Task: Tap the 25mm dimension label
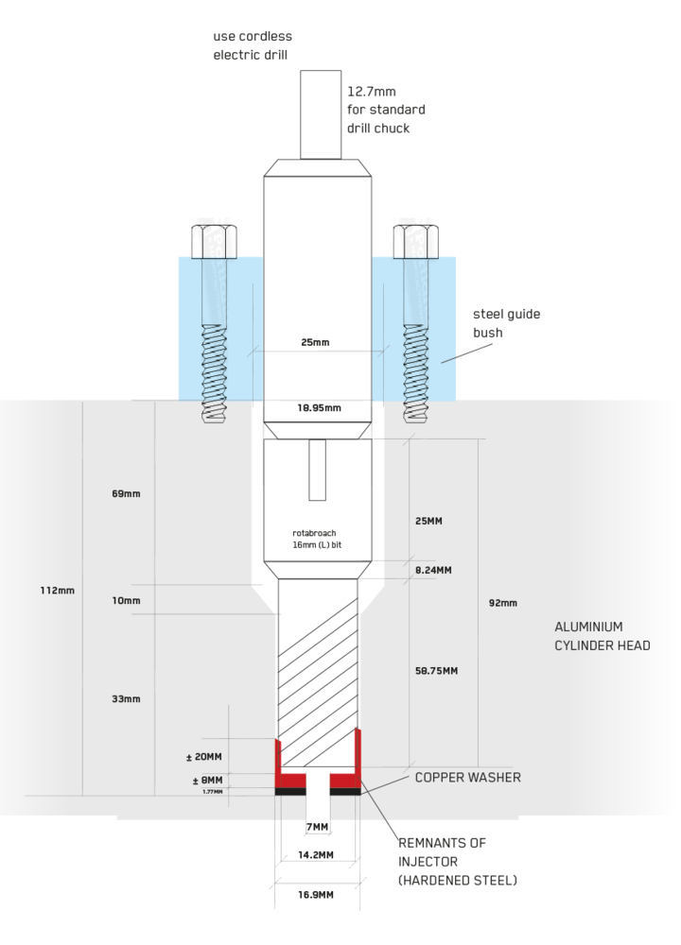[x=315, y=342]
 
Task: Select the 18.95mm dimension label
[x=320, y=408]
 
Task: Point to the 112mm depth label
[x=56, y=591]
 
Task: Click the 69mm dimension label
[x=126, y=494]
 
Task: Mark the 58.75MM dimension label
[x=436, y=671]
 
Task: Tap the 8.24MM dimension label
[x=433, y=570]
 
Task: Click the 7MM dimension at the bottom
[x=318, y=828]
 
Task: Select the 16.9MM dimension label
[x=316, y=895]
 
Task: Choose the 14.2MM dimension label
[x=316, y=855]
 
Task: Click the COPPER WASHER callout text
[x=467, y=778]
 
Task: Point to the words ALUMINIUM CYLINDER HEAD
[x=602, y=636]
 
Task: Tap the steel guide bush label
[x=506, y=323]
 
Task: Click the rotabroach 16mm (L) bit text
[x=314, y=540]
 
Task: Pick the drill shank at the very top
[x=321, y=113]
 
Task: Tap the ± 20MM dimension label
[x=203, y=757]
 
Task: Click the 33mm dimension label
[x=126, y=699]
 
